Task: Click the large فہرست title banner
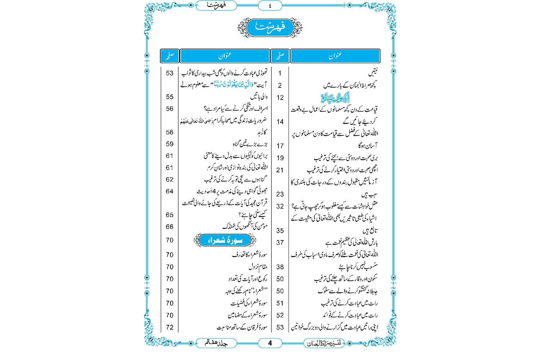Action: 270,27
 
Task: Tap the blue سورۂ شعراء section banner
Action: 225,240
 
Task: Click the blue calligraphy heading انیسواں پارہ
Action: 335,98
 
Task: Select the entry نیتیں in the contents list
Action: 373,73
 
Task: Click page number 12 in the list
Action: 280,98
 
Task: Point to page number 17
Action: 280,146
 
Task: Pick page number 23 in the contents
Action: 280,194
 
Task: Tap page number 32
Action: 280,206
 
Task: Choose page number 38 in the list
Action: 280,267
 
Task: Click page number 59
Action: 170,144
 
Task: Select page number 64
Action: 170,191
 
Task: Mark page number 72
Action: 170,327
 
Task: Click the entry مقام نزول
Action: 258,267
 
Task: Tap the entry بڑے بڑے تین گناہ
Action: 250,144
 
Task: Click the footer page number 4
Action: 270,343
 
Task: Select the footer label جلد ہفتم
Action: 216,343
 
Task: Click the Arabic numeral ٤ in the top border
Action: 270,6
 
